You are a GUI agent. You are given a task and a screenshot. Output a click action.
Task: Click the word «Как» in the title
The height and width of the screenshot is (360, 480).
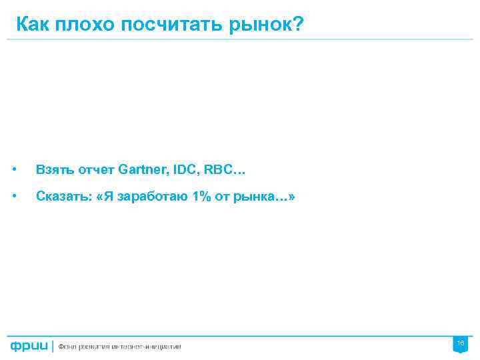33,25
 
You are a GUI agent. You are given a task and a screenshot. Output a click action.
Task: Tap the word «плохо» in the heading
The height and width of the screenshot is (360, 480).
83,25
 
